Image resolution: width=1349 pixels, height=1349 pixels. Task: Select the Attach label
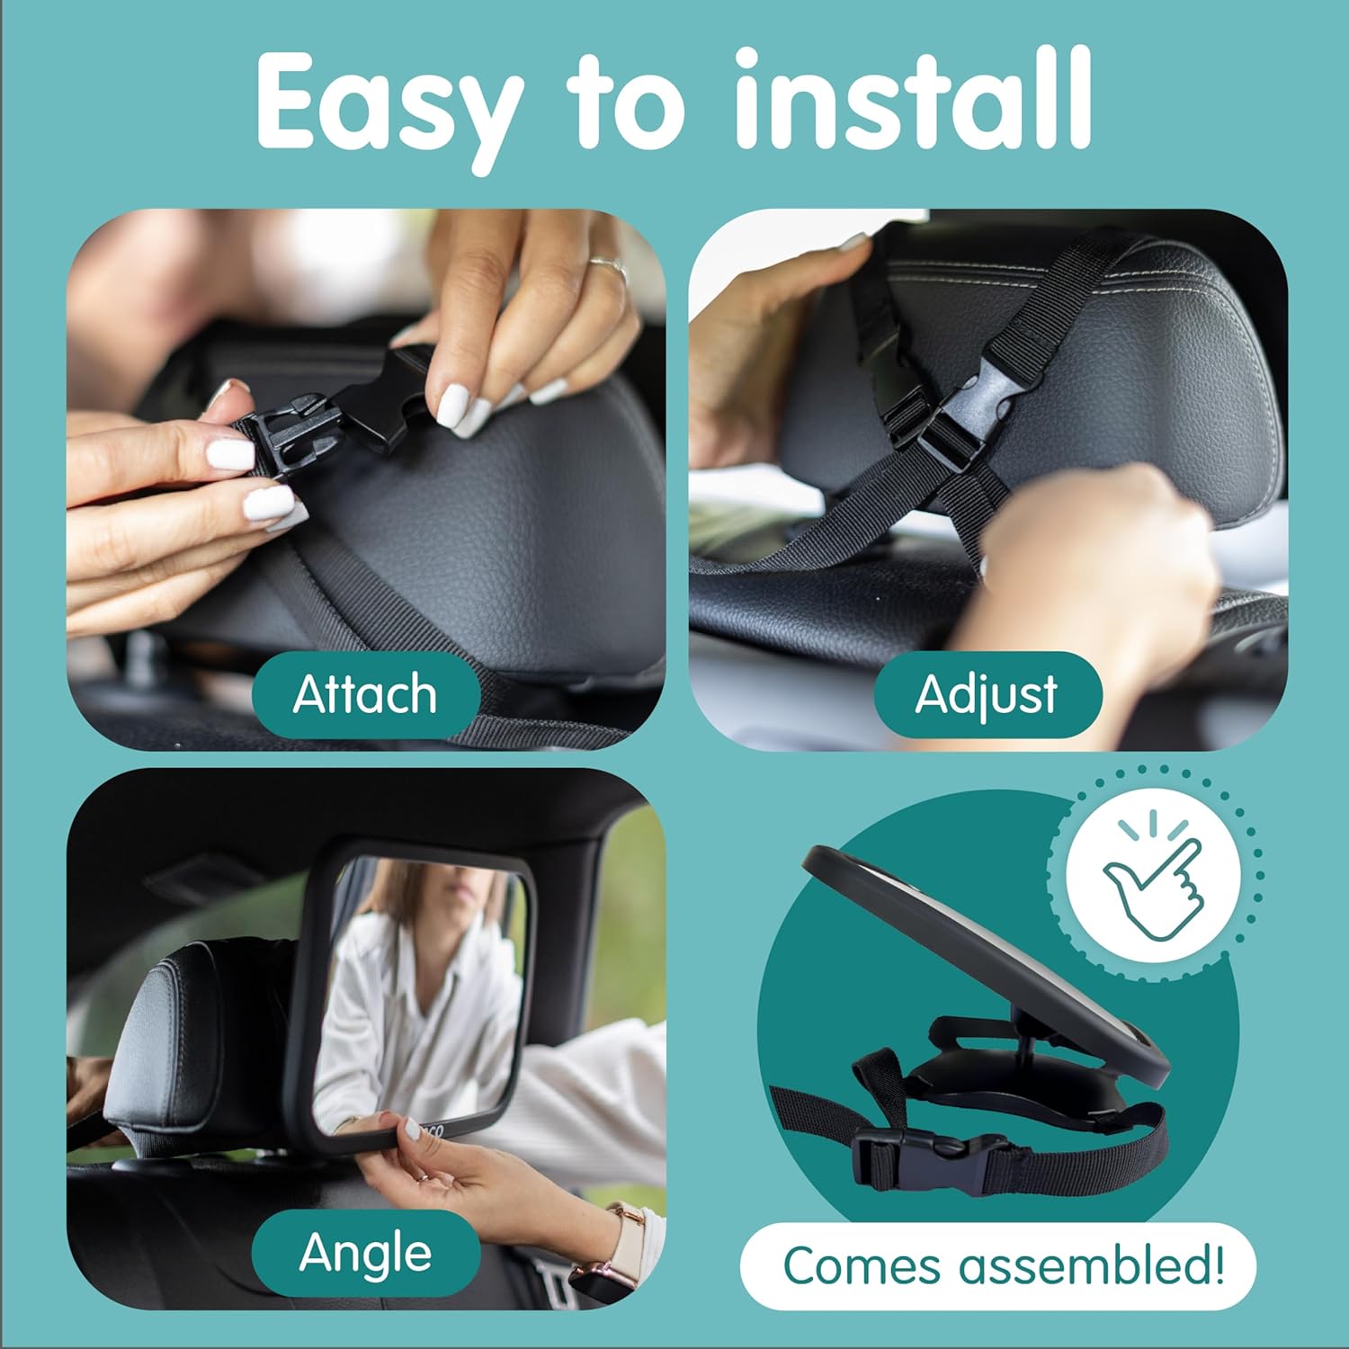coord(365,695)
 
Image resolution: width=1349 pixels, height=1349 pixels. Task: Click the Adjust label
coord(987,695)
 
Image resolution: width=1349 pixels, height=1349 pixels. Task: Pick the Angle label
coord(365,1253)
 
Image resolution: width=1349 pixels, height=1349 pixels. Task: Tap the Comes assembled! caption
coord(1003,1266)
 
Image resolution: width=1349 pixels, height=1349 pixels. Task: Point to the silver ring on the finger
coord(609,267)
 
